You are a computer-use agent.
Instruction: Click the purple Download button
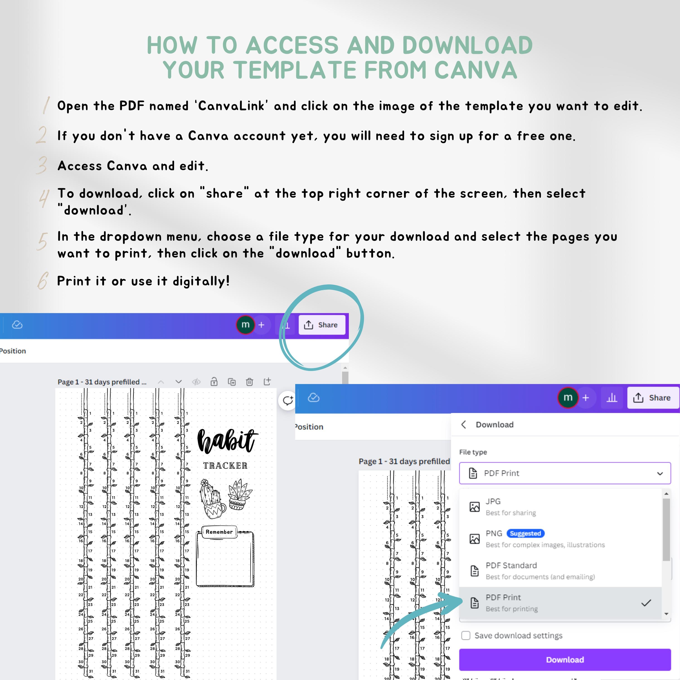click(565, 660)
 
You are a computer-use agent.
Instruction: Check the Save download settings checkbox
click(466, 635)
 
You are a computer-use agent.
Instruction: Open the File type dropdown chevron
click(660, 474)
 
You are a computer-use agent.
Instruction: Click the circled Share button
click(322, 325)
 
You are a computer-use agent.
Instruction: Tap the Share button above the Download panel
click(653, 398)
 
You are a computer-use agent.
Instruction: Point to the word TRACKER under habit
click(225, 466)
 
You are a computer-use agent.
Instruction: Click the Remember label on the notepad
click(219, 532)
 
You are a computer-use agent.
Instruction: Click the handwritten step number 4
click(44, 198)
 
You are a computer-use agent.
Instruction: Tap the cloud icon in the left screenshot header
click(17, 325)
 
